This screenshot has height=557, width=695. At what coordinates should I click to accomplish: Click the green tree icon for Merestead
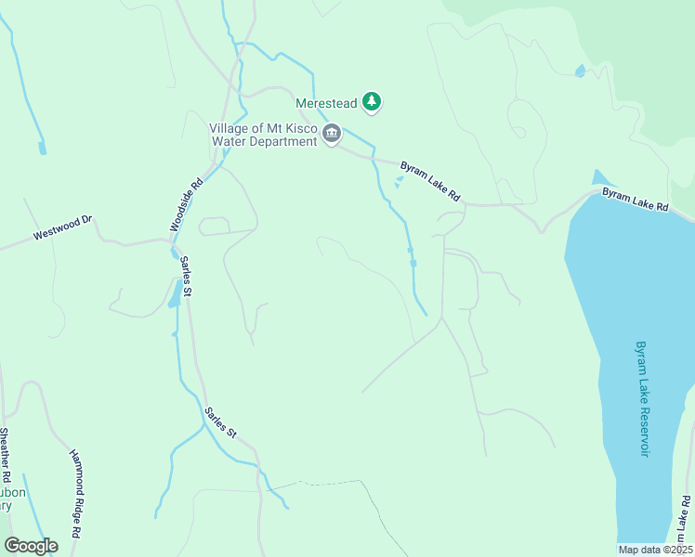372,101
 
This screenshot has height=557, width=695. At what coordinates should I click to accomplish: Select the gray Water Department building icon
332,136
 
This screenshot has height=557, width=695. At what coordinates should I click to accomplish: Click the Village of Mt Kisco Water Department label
264,135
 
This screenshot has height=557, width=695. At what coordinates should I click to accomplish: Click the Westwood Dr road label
63,228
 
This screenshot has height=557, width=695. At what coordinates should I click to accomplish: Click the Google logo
31,546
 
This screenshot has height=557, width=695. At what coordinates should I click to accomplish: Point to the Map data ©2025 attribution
655,550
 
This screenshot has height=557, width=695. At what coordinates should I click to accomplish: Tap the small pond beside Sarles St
174,295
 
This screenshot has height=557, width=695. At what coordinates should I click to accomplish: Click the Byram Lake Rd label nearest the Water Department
430,182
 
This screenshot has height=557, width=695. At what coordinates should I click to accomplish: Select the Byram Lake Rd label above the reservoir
635,201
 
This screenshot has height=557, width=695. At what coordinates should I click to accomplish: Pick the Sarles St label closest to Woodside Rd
185,278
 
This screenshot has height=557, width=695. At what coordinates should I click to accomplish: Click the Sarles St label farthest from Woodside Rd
222,422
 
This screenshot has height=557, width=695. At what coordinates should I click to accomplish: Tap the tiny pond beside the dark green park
581,71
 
